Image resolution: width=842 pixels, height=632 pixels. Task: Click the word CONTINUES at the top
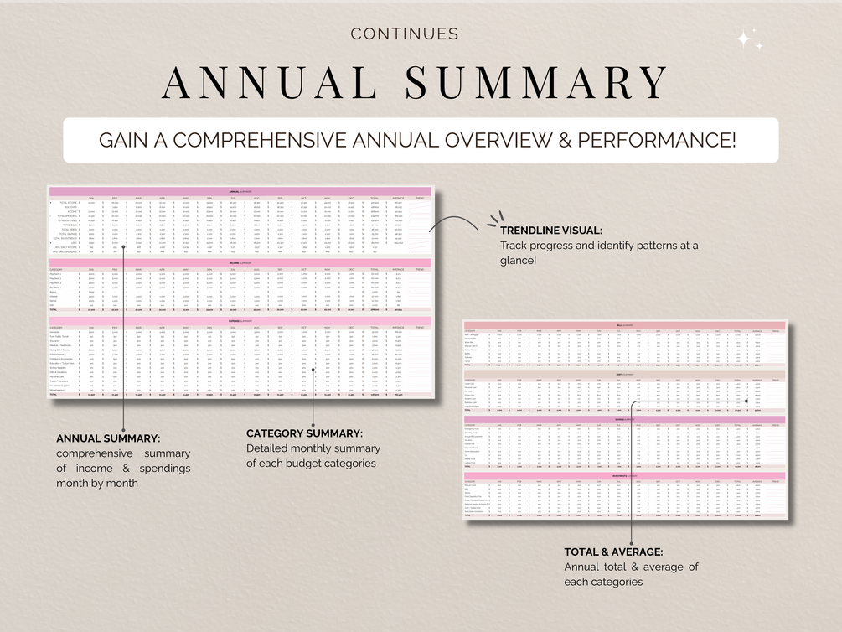pyautogui.click(x=405, y=34)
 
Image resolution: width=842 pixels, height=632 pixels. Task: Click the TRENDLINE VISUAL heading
pyautogui.click(x=550, y=231)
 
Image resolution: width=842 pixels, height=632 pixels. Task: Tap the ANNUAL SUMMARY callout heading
pyautogui.click(x=108, y=438)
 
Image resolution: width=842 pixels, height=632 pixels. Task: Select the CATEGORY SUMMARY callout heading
pyautogui.click(x=304, y=433)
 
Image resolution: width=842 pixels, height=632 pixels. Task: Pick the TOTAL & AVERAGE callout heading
pyautogui.click(x=614, y=552)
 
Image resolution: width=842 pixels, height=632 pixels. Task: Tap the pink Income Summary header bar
pyautogui.click(x=240, y=262)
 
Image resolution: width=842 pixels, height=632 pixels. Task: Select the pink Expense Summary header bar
pyautogui.click(x=240, y=319)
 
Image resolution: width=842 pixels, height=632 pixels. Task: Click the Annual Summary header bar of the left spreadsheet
pyautogui.click(x=240, y=191)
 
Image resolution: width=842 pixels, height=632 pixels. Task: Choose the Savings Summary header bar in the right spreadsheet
pyautogui.click(x=625, y=419)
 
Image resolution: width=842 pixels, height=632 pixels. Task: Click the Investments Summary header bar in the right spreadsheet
pyautogui.click(x=625, y=475)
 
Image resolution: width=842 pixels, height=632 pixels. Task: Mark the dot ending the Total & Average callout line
pyautogui.click(x=745, y=401)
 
